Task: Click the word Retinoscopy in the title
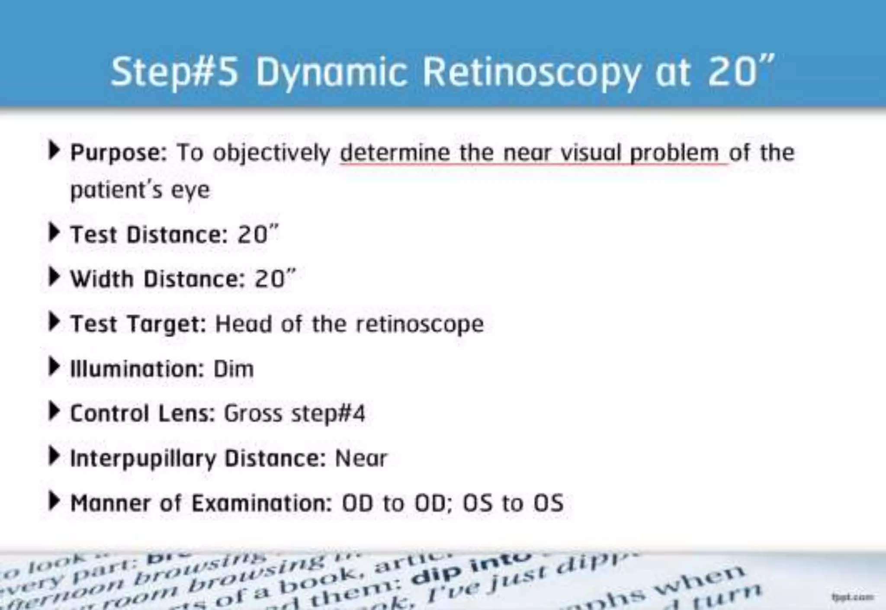click(531, 72)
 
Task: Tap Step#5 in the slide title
click(174, 72)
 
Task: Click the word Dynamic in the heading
click(331, 72)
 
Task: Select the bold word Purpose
click(118, 153)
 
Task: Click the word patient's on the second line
click(116, 190)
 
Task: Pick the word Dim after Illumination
click(234, 369)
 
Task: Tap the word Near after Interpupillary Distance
click(361, 458)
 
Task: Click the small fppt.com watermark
click(852, 597)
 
